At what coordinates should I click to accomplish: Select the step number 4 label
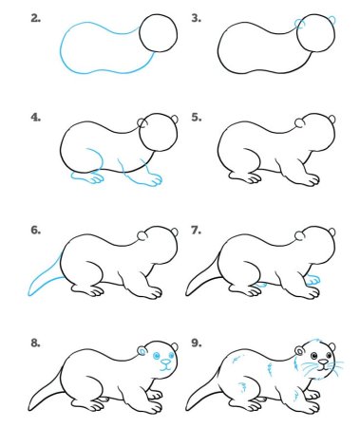tap(35, 118)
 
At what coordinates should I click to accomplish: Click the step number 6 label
tap(35, 230)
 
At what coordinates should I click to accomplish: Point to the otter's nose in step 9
tap(325, 362)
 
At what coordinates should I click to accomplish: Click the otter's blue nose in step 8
tap(165, 362)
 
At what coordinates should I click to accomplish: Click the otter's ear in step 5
tap(301, 123)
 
